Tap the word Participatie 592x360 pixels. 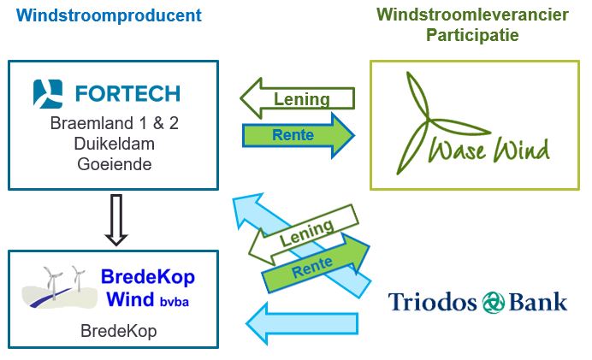pyautogui.click(x=472, y=36)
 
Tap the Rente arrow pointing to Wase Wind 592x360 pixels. pyautogui.click(x=299, y=135)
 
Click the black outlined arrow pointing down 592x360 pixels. pyautogui.click(x=114, y=218)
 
